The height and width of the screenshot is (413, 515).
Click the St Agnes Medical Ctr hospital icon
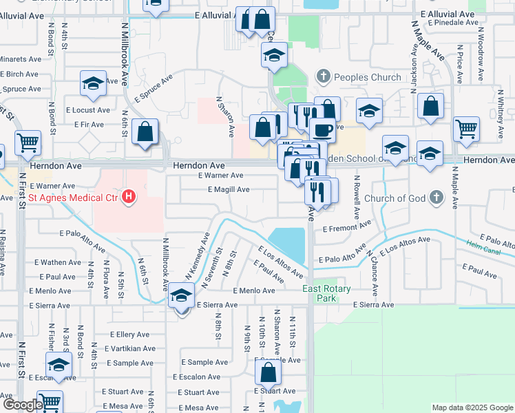[128, 198]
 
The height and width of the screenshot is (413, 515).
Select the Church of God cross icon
[435, 198]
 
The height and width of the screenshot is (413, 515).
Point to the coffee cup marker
[322, 130]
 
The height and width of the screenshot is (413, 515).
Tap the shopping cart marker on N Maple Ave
[466, 128]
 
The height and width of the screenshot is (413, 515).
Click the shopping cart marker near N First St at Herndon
[28, 142]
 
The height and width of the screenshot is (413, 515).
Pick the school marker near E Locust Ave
[93, 84]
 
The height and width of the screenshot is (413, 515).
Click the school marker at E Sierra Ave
[181, 295]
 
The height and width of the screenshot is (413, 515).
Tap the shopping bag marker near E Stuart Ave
[268, 372]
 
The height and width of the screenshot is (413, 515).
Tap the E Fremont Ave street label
[346, 226]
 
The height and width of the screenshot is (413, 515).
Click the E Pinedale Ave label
[452, 22]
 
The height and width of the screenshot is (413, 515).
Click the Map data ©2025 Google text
[472, 407]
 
